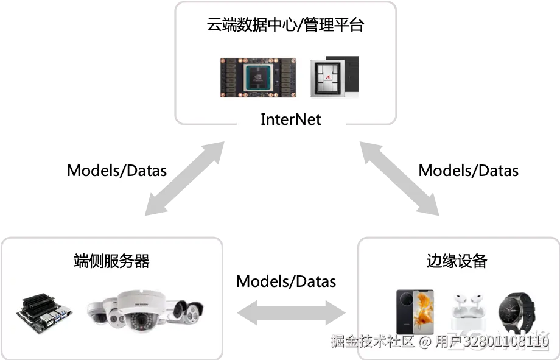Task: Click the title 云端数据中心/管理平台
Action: (285, 26)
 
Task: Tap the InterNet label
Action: (290, 119)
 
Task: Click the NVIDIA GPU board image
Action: (258, 79)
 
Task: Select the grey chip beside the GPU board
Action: (334, 77)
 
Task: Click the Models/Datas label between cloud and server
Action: (117, 170)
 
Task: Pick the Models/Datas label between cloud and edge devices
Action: (469, 170)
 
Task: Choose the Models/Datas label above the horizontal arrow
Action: (286, 281)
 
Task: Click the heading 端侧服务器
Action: (111, 261)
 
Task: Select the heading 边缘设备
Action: (457, 261)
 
